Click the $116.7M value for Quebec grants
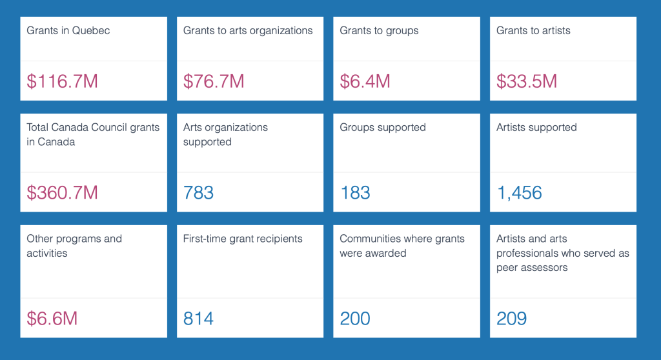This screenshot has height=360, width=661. tap(62, 81)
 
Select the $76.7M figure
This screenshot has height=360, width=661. tap(214, 81)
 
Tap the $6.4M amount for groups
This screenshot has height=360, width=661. tap(365, 81)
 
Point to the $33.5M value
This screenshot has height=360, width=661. tap(526, 81)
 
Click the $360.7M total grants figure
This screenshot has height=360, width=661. tap(62, 192)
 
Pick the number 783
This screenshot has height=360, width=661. tap(198, 192)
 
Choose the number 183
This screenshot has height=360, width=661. tap(355, 192)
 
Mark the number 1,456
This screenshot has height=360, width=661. tap(519, 192)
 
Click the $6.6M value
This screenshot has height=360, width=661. tap(52, 318)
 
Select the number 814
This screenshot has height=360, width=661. tap(198, 318)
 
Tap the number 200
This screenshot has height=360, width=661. tap(355, 318)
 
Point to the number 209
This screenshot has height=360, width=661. tap(511, 318)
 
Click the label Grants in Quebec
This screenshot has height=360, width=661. tap(68, 30)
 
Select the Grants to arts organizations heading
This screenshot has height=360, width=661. tap(248, 30)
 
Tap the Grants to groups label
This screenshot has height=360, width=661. tap(379, 30)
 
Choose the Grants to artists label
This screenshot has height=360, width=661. tap(533, 30)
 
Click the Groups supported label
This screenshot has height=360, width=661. tap(383, 127)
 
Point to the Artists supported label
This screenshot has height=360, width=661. tap(536, 127)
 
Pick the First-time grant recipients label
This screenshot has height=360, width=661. tap(243, 239)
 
